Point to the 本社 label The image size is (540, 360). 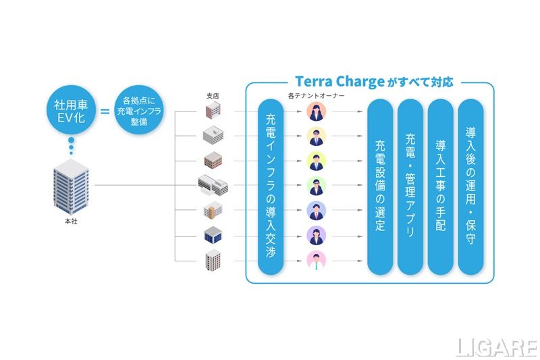pos(71,220)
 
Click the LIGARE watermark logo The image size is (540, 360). pos(495,346)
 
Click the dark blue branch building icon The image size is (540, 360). pos(213,235)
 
